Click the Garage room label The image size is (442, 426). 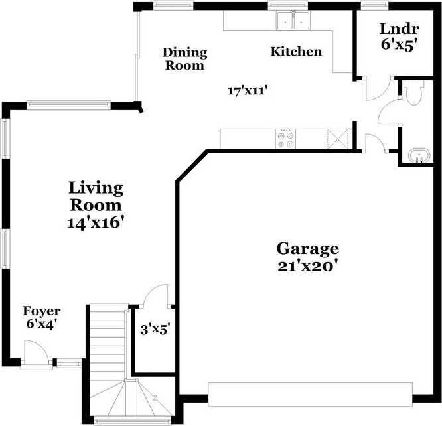tap(307, 249)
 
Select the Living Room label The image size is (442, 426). tap(97, 196)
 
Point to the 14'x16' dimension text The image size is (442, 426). tap(97, 222)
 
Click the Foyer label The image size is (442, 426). tap(42, 311)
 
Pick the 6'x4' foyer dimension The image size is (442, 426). tap(42, 324)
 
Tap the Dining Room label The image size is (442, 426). tap(185, 58)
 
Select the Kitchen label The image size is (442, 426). tap(296, 52)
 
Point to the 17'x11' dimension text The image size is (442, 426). tap(247, 92)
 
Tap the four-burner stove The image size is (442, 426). tap(286, 139)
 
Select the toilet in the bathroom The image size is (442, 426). tap(412, 94)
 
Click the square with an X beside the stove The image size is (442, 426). tap(338, 139)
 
